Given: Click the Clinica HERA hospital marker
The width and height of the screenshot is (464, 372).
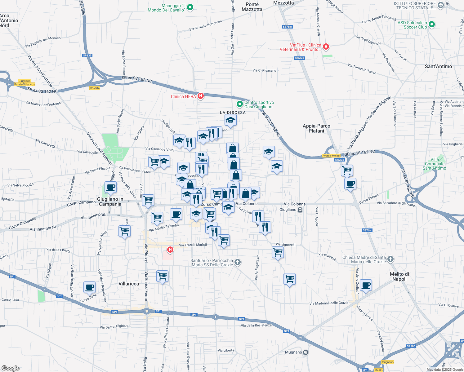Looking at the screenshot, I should click(201, 96).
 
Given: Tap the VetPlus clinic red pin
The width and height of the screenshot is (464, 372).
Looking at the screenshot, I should click(326, 47).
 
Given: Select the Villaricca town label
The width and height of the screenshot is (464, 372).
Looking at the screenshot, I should click(129, 284).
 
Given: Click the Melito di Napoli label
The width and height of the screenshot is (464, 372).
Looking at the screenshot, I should click(399, 277).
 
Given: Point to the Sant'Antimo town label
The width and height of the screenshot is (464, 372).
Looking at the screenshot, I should click(438, 66).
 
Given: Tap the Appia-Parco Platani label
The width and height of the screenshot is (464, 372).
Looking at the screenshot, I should click(316, 128).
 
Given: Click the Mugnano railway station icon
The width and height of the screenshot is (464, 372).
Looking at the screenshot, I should click(306, 352).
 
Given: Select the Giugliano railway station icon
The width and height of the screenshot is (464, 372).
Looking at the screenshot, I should click(300, 210).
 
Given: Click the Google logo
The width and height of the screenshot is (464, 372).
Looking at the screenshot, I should click(10, 368).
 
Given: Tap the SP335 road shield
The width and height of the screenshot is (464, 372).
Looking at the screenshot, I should click(87, 55).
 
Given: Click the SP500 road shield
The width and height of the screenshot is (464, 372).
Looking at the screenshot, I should click(411, 346).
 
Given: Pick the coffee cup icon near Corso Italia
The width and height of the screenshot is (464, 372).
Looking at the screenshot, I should click(89, 287).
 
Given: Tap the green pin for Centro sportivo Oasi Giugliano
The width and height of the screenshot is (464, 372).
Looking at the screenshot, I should click(239, 104).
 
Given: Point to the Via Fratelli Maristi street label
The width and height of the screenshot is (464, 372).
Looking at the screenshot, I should click(193, 245).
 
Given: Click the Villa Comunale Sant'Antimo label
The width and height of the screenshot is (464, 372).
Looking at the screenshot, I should click(435, 164).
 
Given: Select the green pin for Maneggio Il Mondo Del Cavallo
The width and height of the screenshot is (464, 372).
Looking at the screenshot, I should click(190, 7).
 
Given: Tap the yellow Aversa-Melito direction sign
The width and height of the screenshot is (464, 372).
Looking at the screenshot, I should click(331, 156).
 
